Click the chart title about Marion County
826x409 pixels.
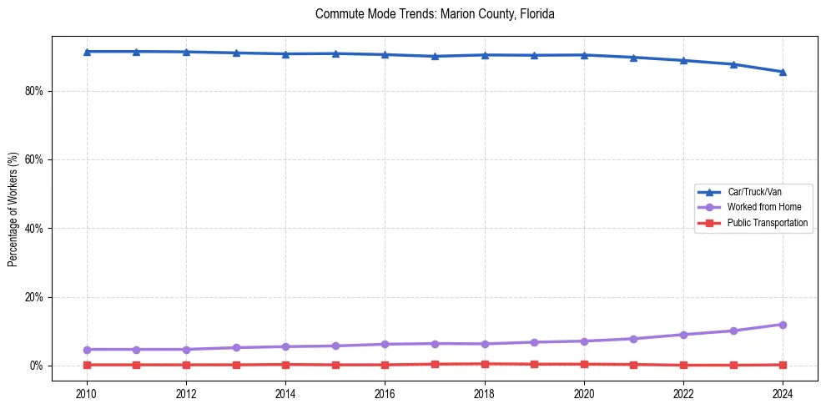(435, 14)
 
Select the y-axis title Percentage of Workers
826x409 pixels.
(13, 209)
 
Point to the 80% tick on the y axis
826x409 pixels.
(32, 91)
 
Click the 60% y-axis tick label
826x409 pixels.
(32, 159)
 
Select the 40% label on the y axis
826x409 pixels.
(32, 229)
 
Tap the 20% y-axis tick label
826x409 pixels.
(32, 297)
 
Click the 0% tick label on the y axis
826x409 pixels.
(34, 366)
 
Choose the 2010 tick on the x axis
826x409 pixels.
(87, 392)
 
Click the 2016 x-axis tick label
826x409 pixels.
(385, 392)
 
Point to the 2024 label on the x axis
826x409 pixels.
(783, 392)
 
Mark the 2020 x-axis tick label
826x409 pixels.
(584, 392)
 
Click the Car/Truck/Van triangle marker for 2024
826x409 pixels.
(783, 72)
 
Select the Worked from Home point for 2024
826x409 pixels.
(783, 325)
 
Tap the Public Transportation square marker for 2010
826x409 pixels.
(87, 365)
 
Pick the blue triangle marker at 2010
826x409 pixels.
(87, 52)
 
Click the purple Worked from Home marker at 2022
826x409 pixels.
(683, 335)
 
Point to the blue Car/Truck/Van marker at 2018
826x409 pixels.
(485, 55)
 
